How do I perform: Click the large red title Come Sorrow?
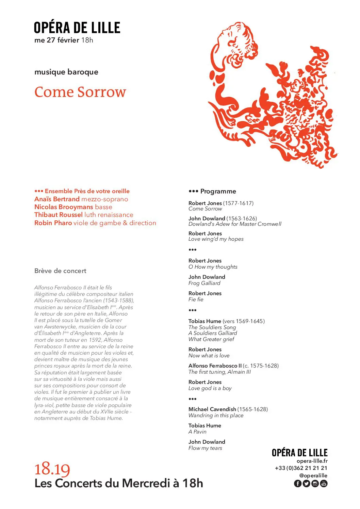pos(80,92)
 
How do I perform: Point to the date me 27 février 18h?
pos(64,40)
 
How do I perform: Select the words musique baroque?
pos(66,72)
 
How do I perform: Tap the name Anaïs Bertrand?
pos(57,199)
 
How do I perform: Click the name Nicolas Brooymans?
pos(64,207)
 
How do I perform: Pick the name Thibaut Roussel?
pos(58,215)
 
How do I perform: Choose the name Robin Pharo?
pos(53,223)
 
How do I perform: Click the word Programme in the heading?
pos(218,191)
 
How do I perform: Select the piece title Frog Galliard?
pos(204,283)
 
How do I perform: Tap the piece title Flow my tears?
pos(205,448)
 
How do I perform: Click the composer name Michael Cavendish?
pos(212,409)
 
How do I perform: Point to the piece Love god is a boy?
pos(210,388)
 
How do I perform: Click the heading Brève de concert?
pos(60,271)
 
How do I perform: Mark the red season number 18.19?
pos(52,469)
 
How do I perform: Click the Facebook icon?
pos(297,483)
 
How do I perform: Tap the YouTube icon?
pos(324,483)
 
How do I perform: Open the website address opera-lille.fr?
pos(312,461)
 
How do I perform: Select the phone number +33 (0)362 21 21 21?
pos(301,468)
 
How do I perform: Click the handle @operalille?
pos(313,476)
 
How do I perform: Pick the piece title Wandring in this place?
pos(216,415)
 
